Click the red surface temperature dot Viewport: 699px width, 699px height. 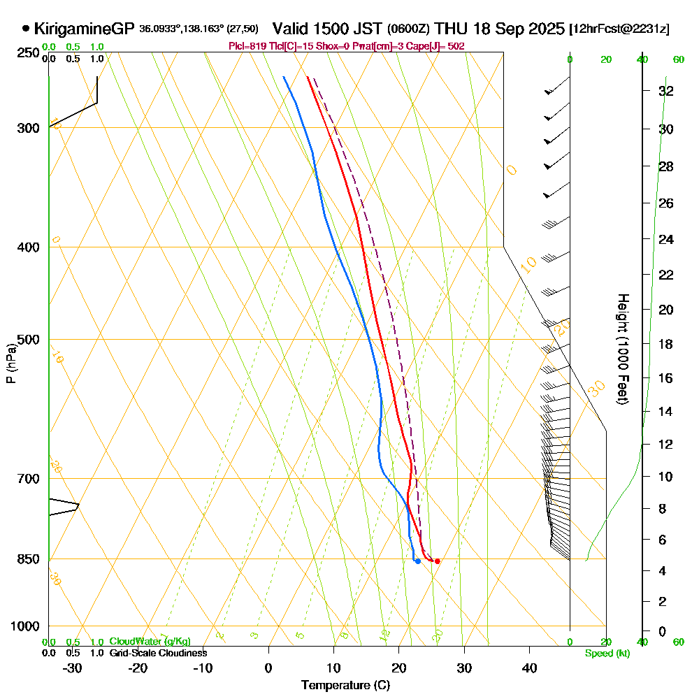(x=438, y=561)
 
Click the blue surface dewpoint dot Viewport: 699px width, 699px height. (x=417, y=561)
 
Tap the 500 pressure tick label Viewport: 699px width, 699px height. (x=28, y=340)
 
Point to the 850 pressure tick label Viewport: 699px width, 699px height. (x=28, y=559)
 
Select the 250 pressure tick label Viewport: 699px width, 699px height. (x=28, y=53)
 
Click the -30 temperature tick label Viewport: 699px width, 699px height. (x=72, y=668)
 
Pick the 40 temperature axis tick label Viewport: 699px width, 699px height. (x=530, y=668)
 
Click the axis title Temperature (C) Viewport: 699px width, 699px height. (x=345, y=685)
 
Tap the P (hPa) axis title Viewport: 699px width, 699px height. (x=10, y=363)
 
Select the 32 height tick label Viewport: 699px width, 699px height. (x=666, y=91)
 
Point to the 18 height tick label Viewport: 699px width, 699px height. (x=666, y=344)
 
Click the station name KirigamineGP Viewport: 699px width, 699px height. (x=83, y=29)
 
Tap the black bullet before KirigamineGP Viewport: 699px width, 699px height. (x=26, y=29)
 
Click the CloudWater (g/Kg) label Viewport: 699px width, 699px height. (x=150, y=642)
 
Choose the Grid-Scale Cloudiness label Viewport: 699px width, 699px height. (x=158, y=653)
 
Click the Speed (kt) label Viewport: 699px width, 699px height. (x=607, y=653)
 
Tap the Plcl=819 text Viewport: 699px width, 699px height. (x=248, y=46)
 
